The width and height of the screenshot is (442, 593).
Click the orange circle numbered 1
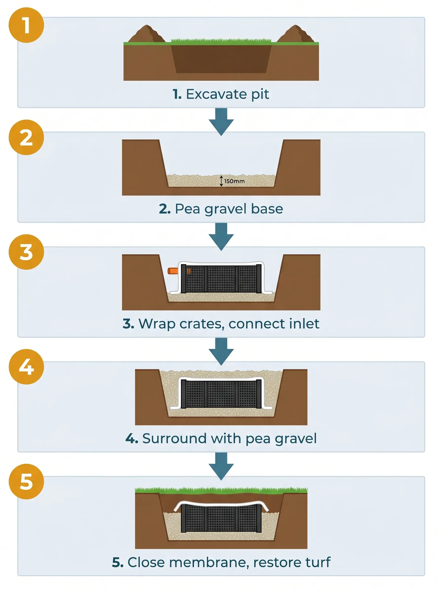click(x=26, y=25)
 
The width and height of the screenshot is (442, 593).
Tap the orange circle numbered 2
click(x=26, y=137)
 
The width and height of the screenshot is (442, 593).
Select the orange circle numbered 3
click(x=26, y=252)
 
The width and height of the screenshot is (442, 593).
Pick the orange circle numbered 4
click(x=26, y=367)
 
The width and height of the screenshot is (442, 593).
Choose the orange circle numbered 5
click(x=26, y=482)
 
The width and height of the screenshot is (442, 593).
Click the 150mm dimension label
click(x=234, y=181)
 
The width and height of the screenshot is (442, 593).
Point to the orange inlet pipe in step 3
click(x=173, y=271)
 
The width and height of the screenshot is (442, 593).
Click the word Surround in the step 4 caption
click(x=174, y=439)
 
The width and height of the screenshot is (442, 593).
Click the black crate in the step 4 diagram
click(x=221, y=394)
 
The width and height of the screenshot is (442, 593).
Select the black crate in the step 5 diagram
click(x=221, y=519)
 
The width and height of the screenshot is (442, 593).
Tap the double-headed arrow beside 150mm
click(x=221, y=181)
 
